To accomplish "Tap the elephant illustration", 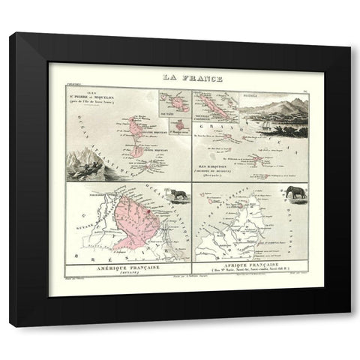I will tap(294, 193).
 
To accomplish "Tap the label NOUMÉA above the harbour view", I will tap(250, 97).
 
